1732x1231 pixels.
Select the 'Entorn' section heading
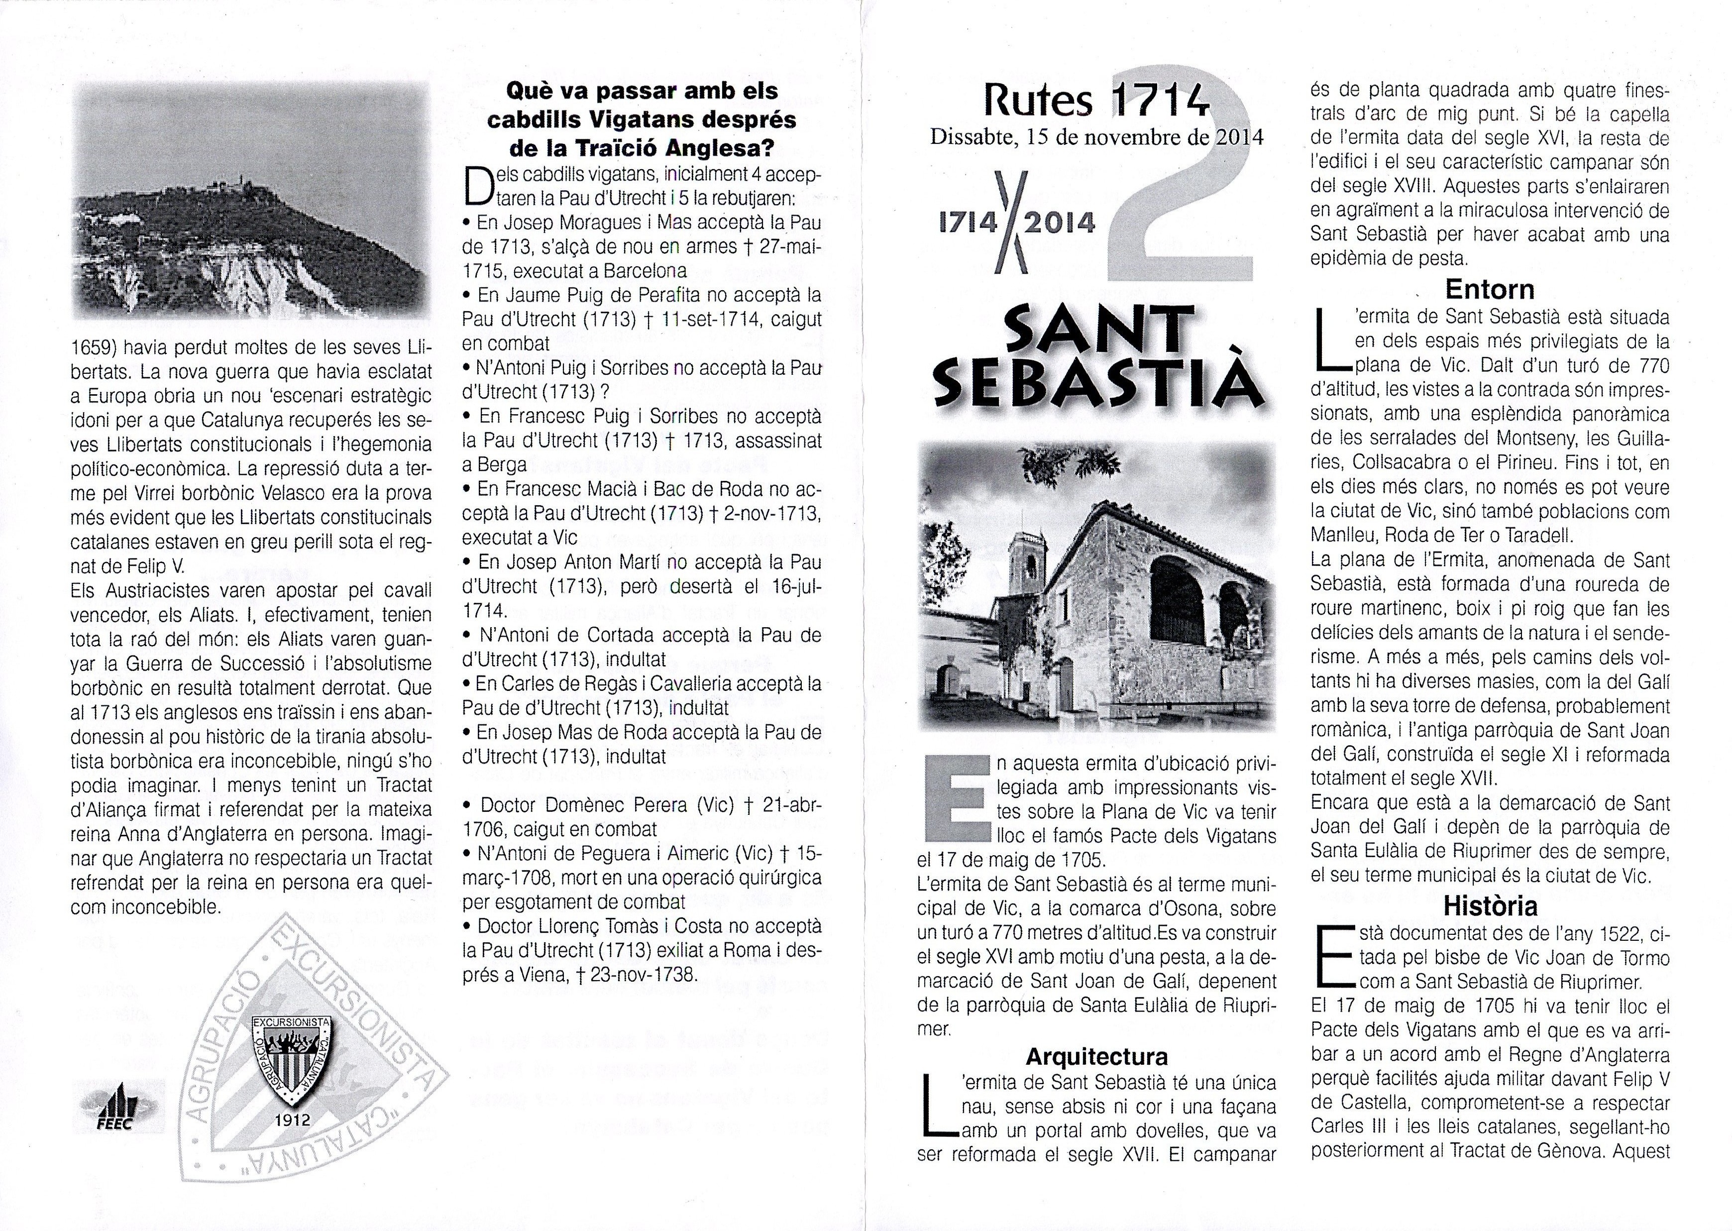1490,289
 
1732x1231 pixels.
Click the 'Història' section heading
1490,906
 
